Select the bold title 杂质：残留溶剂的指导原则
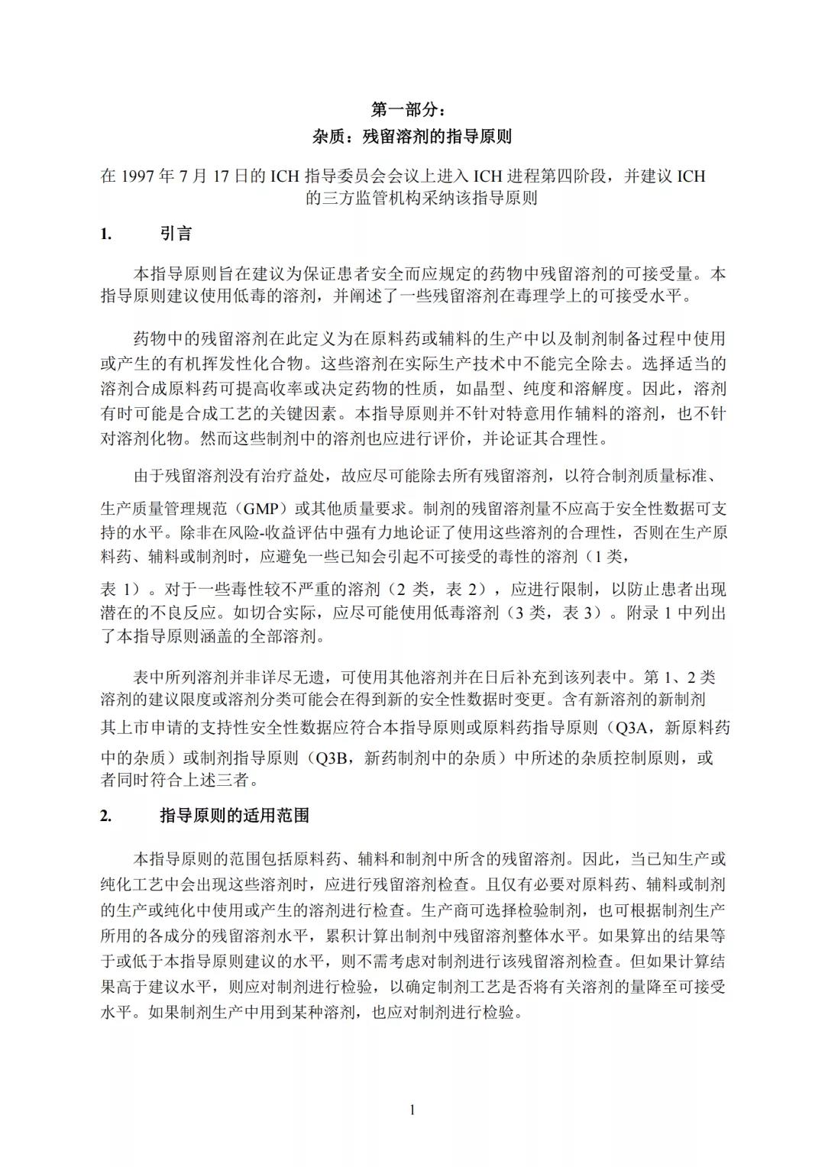[412, 137]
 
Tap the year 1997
[139, 176]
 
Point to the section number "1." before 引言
[106, 234]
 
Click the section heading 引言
[176, 234]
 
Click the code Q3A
[631, 728]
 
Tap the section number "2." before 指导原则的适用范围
[106, 816]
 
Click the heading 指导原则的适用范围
[235, 816]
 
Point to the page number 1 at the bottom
[412, 1110]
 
